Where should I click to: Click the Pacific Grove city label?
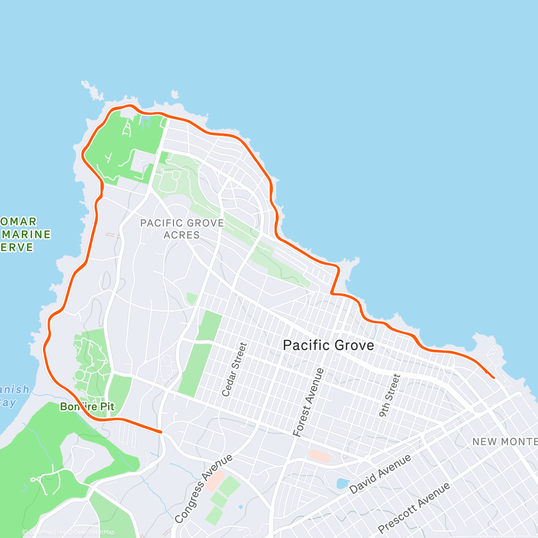coord(328,345)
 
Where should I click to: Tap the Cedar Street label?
coord(234,369)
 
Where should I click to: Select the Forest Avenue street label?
coord(308,402)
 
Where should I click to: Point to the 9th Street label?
coord(389,396)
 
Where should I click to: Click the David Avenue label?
coord(380,474)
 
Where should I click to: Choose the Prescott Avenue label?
coord(414,508)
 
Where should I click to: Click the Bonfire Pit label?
coord(87,407)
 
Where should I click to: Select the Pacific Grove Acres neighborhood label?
coord(182,229)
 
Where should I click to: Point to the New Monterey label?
coord(504,442)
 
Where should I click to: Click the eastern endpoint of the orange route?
coord(494,378)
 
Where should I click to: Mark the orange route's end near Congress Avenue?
coord(161,432)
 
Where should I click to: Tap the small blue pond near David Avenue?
coord(342,483)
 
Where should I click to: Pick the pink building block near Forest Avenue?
coord(320,456)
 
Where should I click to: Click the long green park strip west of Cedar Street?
coord(200,354)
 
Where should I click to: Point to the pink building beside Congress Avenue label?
coord(215,480)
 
